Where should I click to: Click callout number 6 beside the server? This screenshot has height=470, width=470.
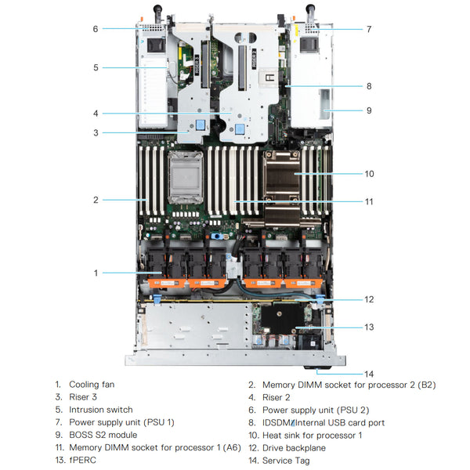96,29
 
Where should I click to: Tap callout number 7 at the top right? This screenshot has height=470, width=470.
369,29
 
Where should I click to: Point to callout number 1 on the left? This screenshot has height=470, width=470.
96,273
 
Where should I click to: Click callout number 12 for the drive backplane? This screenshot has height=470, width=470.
369,299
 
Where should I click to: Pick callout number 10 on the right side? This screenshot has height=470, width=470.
369,174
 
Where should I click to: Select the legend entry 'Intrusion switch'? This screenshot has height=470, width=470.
100,410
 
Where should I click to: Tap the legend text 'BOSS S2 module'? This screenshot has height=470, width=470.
103,435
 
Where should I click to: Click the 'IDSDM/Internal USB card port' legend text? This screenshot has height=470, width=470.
322,422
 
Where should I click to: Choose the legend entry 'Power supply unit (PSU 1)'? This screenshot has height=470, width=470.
121,422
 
